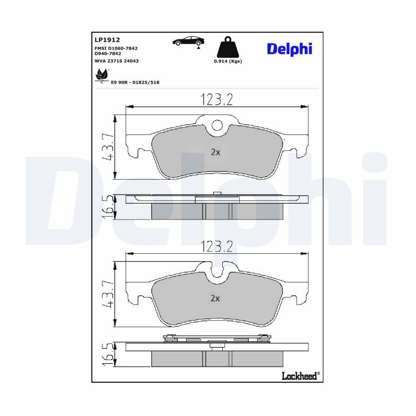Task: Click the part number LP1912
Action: click(x=107, y=40)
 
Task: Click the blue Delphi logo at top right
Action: click(x=289, y=49)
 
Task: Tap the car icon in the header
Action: click(x=189, y=42)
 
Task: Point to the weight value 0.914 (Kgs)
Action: click(x=228, y=61)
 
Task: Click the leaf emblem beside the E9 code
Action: click(x=102, y=76)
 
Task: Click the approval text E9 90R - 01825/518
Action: click(x=135, y=83)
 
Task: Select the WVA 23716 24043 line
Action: click(x=116, y=61)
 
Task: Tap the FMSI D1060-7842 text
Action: click(x=116, y=48)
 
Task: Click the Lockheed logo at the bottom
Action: click(x=300, y=376)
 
